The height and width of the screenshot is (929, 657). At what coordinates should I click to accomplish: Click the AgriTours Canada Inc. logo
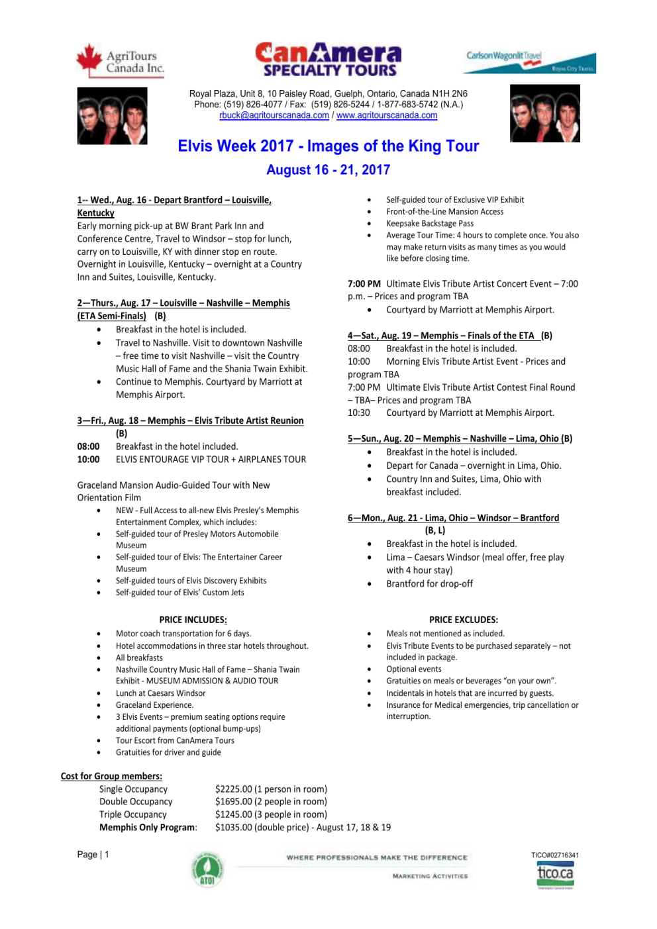pos(120,61)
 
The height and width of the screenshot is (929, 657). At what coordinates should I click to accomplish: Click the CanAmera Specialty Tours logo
pos(328,60)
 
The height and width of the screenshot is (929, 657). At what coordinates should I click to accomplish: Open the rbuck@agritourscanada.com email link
pos(274,115)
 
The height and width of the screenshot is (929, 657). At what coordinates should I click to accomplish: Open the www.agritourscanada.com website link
pos(387,115)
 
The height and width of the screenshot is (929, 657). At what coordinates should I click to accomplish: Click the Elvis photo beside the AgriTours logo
pos(112,116)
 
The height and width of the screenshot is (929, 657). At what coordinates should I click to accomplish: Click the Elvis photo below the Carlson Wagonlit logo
pos(544,113)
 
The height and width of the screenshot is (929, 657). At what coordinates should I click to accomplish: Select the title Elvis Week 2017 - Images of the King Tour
pos(328,146)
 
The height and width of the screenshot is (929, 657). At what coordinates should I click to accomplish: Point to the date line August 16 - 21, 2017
pos(328,170)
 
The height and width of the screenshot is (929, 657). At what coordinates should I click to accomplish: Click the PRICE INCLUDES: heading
pos(193,620)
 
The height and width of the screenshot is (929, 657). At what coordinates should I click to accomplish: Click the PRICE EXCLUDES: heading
pos(463,620)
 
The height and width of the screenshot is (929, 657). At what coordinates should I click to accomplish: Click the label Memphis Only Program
pos(148,827)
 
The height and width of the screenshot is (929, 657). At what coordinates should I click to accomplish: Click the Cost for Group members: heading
pos(111,776)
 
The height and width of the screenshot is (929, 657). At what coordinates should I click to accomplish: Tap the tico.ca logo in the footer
pos(555,874)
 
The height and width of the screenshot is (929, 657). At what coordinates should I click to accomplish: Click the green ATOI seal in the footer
pos(207,869)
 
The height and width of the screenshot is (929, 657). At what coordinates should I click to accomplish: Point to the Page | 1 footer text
pos(93,854)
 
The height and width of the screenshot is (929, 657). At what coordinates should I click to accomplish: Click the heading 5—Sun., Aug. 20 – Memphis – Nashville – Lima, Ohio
pos(460,438)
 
